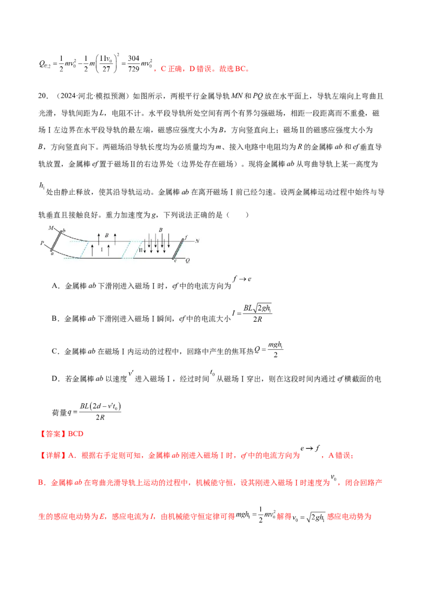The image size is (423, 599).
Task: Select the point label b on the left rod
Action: (x=64, y=230)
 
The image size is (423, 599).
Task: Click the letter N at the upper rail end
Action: (x=197, y=241)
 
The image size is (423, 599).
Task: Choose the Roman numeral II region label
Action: (x=141, y=248)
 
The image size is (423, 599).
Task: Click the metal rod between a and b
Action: (x=57, y=241)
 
